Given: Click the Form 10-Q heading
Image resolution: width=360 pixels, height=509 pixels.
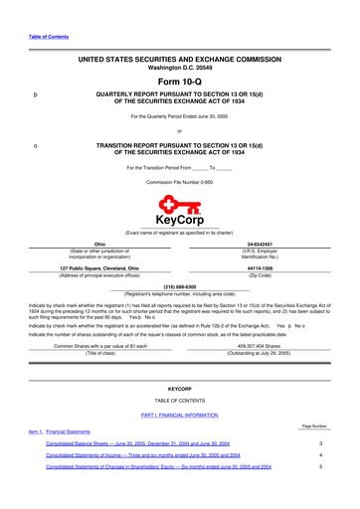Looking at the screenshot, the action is tap(180, 81).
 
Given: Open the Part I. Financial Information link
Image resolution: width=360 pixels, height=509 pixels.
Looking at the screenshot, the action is tap(180, 414).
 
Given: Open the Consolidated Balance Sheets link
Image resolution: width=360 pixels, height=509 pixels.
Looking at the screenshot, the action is tap(155, 443).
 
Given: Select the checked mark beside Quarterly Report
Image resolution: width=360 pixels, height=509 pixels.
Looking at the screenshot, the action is tap(36, 96).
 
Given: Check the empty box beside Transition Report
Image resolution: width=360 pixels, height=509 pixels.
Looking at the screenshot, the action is tap(36, 146).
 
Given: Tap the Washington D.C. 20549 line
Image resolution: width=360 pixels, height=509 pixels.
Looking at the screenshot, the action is tap(180, 68).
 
